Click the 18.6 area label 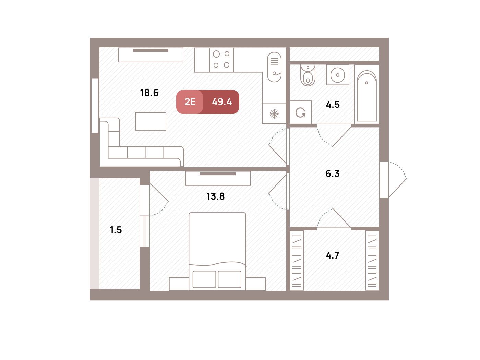pyautogui.click(x=149, y=93)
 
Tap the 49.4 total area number pyautogui.click(x=222, y=102)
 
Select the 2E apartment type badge pyautogui.click(x=190, y=102)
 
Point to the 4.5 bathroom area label pyautogui.click(x=333, y=105)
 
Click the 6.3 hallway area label pyautogui.click(x=332, y=174)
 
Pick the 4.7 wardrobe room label pyautogui.click(x=332, y=255)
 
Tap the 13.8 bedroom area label pyautogui.click(x=215, y=196)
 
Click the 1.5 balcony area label pyautogui.click(x=116, y=230)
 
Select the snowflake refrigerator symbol pyautogui.click(x=274, y=114)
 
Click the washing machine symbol pyautogui.click(x=300, y=112)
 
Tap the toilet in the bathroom pyautogui.click(x=308, y=75)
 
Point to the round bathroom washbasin pyautogui.click(x=338, y=75)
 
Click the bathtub pyautogui.click(x=367, y=96)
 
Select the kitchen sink pyautogui.click(x=274, y=67)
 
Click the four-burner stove pyautogui.click(x=221, y=60)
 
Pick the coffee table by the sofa pyautogui.click(x=151, y=121)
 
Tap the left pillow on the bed pyautogui.click(x=204, y=279)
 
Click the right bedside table pyautogui.click(x=256, y=284)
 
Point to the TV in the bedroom pyautogui.click(x=218, y=174)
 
